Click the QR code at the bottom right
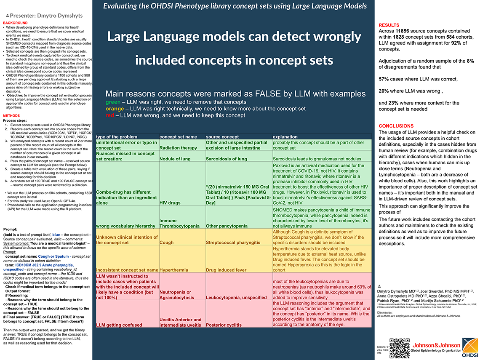pyautogui.click(x=400, y=348)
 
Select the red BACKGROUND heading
pyautogui.click(x=15, y=23)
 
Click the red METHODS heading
pyautogui.click(x=11, y=115)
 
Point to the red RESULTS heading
pyautogui.click(x=389, y=25)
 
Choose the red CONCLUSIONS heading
pyautogui.click(x=396, y=126)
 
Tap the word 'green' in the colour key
pyautogui.click(x=113, y=101)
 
